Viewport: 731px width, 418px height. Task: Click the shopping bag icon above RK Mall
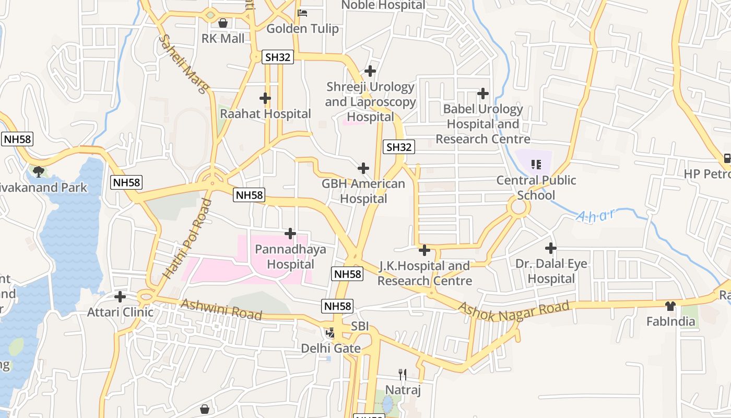[x=223, y=23]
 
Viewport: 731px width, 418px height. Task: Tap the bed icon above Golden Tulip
[x=302, y=13]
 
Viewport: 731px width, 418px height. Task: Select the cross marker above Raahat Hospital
[x=265, y=98]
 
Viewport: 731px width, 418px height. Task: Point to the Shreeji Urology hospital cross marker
[x=370, y=71]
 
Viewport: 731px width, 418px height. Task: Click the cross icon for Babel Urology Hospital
[x=483, y=94]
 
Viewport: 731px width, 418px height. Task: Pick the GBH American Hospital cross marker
[x=363, y=168]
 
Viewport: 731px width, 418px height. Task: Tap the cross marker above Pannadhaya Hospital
[x=290, y=234]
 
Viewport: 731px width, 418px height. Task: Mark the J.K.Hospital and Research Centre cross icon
[x=425, y=250]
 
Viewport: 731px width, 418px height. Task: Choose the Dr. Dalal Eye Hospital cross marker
[x=551, y=248]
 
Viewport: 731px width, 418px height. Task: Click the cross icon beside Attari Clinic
[x=120, y=297]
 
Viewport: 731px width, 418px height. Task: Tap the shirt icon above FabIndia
[x=671, y=306]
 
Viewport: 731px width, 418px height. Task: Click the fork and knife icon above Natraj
[x=403, y=374]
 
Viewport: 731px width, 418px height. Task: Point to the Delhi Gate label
[x=331, y=348]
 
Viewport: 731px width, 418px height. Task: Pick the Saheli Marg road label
[x=183, y=64]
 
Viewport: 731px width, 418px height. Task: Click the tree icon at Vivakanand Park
[x=38, y=171]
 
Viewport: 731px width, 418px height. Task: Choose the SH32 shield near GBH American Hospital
[x=399, y=147]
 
